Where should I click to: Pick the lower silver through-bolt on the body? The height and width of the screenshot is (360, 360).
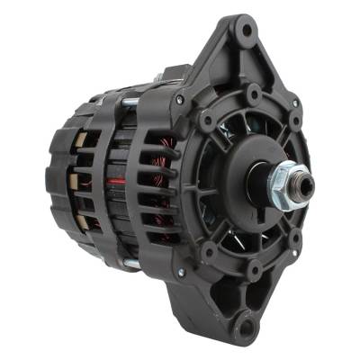click(x=131, y=264)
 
